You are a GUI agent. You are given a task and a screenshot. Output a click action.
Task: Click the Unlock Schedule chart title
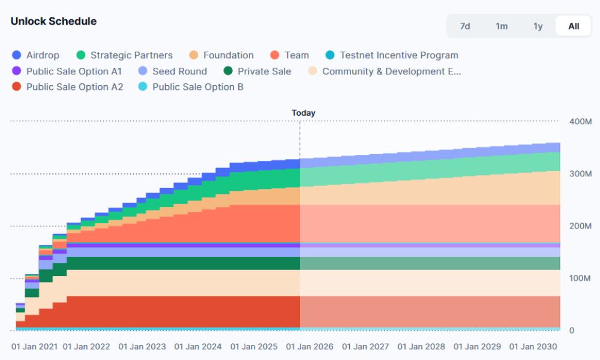click(53, 21)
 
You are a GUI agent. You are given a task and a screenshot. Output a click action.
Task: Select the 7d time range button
click(465, 26)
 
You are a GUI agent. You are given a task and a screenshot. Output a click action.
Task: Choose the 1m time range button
click(502, 26)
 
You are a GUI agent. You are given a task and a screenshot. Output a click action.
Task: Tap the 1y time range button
click(538, 26)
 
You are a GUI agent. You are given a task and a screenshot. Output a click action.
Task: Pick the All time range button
click(574, 26)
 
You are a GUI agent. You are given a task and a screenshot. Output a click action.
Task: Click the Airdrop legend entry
click(36, 55)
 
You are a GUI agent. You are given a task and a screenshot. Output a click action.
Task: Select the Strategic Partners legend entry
click(125, 55)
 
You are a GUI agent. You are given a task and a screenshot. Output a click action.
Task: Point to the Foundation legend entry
click(221, 55)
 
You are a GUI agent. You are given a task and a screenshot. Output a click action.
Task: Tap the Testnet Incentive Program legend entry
click(391, 55)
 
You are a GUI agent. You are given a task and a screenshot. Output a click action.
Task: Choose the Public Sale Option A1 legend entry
click(67, 71)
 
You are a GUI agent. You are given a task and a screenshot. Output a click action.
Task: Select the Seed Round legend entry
click(173, 71)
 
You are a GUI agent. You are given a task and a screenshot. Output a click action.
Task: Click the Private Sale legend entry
click(257, 71)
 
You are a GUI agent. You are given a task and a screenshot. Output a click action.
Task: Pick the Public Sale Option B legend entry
click(191, 87)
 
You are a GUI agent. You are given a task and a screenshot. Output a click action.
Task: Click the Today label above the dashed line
click(303, 113)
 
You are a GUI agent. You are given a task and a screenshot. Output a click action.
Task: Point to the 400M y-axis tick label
click(580, 122)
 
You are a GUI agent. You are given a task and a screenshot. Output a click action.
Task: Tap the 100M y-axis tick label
click(580, 278)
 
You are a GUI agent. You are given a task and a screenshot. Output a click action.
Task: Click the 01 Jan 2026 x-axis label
click(310, 347)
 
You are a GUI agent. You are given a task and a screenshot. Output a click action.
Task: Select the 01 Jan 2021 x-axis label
click(35, 347)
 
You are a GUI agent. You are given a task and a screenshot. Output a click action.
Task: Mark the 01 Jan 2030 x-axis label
click(533, 347)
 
